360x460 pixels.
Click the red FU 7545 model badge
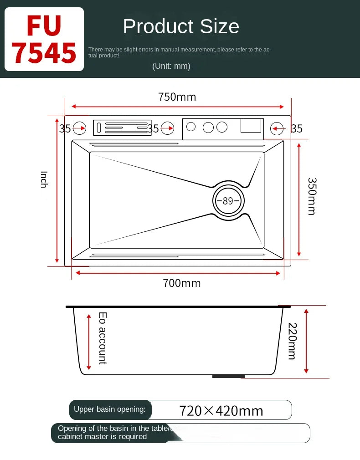44,39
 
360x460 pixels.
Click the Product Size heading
181,26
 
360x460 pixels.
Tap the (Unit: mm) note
171,66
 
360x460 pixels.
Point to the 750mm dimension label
177,97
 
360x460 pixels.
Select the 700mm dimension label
182,283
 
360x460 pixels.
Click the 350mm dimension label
312,196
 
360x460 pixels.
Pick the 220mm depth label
293,341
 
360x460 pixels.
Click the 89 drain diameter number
228,201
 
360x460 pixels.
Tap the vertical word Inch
44,179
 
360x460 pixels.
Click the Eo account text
103,338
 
